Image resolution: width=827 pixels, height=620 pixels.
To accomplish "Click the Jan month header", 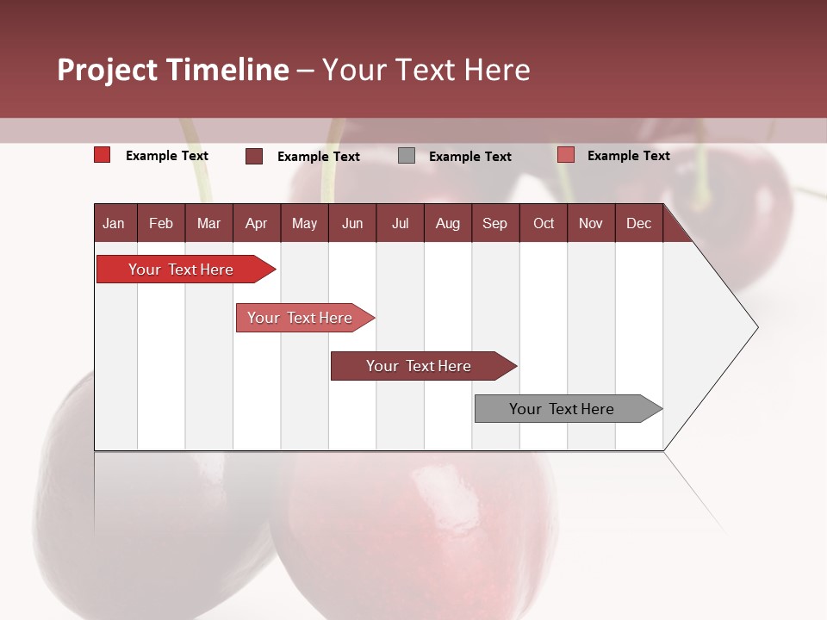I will [114, 224].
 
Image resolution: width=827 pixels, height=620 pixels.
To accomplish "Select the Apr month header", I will [256, 224].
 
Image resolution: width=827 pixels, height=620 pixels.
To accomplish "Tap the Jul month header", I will [400, 224].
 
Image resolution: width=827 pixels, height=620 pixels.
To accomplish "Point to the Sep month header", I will [494, 224].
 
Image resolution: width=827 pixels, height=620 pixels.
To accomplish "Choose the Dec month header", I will [638, 224].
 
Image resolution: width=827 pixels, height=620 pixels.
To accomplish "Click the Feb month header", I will [161, 224].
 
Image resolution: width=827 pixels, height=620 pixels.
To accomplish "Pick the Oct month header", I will [544, 224].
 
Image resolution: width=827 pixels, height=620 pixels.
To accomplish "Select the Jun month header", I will [352, 224].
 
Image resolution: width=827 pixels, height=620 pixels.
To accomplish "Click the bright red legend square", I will [103, 155].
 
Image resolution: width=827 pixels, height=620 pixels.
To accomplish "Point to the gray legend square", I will [407, 156].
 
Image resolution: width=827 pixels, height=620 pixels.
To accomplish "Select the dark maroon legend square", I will [254, 156].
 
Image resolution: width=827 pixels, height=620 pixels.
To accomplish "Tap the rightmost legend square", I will [565, 155].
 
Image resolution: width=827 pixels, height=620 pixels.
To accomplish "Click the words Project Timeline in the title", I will [173, 70].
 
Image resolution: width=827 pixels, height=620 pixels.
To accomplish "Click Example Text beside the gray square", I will [469, 157].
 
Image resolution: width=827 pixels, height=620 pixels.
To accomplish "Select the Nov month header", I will [591, 224].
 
